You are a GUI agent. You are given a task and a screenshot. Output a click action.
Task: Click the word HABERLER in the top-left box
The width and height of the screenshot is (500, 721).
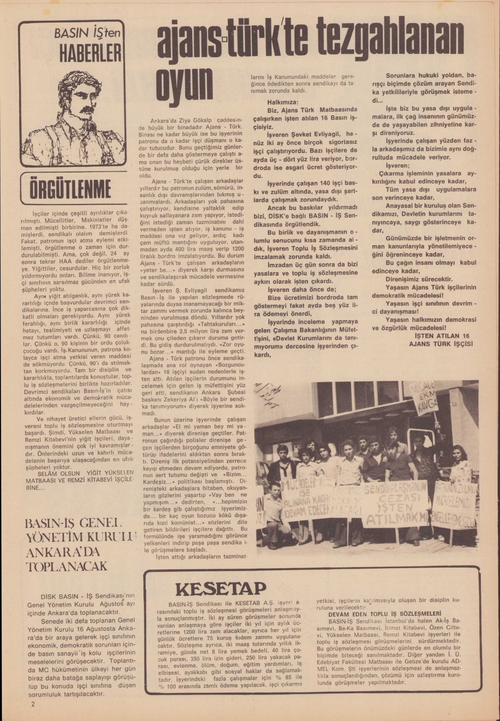[x=90, y=53]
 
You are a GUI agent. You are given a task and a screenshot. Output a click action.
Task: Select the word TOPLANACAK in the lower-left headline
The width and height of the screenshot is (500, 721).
[x=67, y=566]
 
